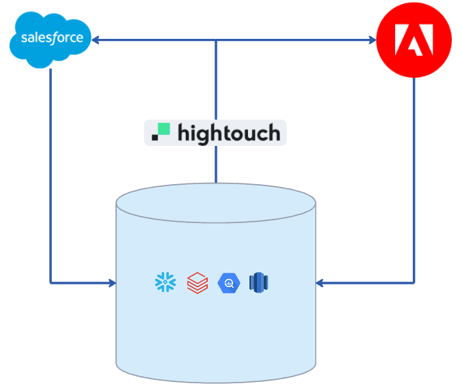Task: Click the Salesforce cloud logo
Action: pyautogui.click(x=51, y=40)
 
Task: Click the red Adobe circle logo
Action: pyautogui.click(x=414, y=40)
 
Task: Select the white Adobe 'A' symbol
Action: pyautogui.click(x=415, y=40)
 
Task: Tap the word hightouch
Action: pyautogui.click(x=228, y=132)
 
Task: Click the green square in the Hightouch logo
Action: pyautogui.click(x=163, y=129)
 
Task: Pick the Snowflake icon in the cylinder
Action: pyautogui.click(x=165, y=282)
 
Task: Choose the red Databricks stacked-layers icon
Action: pyautogui.click(x=197, y=282)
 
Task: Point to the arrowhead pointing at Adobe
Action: pyautogui.click(x=372, y=41)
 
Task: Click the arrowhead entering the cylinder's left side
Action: pyautogui.click(x=111, y=282)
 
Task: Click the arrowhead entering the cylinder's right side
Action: pyautogui.click(x=321, y=282)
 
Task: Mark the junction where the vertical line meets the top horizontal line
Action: pyautogui.click(x=216, y=41)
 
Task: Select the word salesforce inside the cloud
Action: pyautogui.click(x=52, y=38)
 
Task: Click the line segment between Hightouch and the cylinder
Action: pyautogui.click(x=216, y=164)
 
